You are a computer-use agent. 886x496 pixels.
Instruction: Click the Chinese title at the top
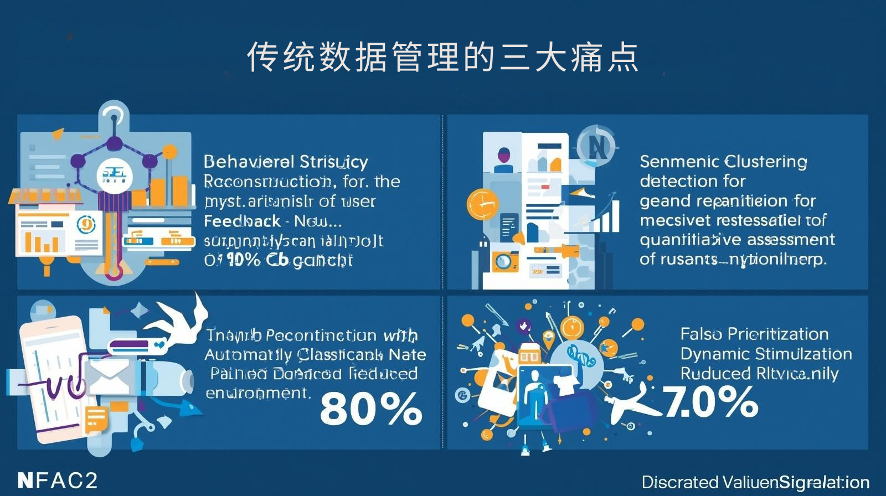443,57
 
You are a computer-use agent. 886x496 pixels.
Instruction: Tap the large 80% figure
371,409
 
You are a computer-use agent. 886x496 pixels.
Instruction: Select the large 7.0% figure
710,402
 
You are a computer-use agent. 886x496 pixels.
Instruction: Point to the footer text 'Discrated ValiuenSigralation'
755,482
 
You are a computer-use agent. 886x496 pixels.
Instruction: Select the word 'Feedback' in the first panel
242,221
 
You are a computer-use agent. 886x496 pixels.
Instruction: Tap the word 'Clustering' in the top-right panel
765,162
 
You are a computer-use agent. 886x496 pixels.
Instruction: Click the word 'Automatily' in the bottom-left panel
248,354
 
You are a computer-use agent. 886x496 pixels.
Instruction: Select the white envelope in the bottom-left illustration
109,376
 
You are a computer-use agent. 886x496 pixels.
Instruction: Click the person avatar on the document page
503,158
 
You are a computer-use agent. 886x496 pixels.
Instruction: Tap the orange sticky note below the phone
96,419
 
